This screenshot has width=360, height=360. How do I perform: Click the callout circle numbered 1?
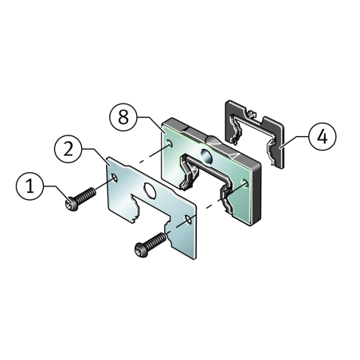tap(29, 186)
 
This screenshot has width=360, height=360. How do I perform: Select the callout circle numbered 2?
tap(68, 149)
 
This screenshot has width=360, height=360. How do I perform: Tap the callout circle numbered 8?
tap(123, 117)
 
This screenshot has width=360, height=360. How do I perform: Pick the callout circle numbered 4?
tap(323, 136)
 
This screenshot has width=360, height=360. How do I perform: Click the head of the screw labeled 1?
tap(71, 205)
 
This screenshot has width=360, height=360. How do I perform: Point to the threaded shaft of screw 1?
tap(86, 195)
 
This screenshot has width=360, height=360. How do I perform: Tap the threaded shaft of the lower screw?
tap(156, 241)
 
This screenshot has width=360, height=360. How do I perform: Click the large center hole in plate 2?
tap(150, 190)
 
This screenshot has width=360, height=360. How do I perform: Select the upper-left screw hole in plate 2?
tap(114, 178)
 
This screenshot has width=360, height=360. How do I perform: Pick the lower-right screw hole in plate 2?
tap(189, 220)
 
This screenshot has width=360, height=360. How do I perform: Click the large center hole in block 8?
tap(205, 155)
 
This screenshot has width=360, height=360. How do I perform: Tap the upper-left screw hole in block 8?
tap(170, 143)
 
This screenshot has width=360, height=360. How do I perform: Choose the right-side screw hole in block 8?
tap(245, 183)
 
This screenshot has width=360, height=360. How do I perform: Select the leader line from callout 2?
tap(96, 155)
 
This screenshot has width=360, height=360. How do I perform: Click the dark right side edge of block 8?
tap(257, 195)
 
